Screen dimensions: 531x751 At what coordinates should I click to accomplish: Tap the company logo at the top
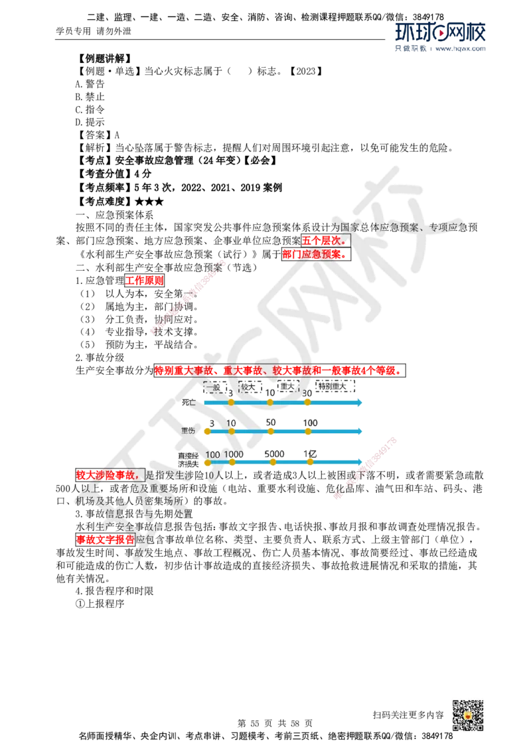[x=440, y=36]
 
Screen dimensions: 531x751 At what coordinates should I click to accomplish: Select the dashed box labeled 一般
[x=216, y=386]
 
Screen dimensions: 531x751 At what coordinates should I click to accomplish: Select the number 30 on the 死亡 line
[x=307, y=393]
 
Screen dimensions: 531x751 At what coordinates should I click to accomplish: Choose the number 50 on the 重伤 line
[x=271, y=423]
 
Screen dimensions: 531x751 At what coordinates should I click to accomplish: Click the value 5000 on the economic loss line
[x=274, y=454]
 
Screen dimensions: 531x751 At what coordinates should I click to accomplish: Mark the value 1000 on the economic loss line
[x=234, y=454]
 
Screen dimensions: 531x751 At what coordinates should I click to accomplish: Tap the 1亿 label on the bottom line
[x=310, y=454]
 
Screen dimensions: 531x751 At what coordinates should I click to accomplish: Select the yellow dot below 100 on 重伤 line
[x=308, y=431]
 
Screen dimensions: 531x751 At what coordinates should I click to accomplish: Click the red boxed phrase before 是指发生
[x=110, y=475]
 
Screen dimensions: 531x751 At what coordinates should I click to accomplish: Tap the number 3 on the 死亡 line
[x=230, y=393]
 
